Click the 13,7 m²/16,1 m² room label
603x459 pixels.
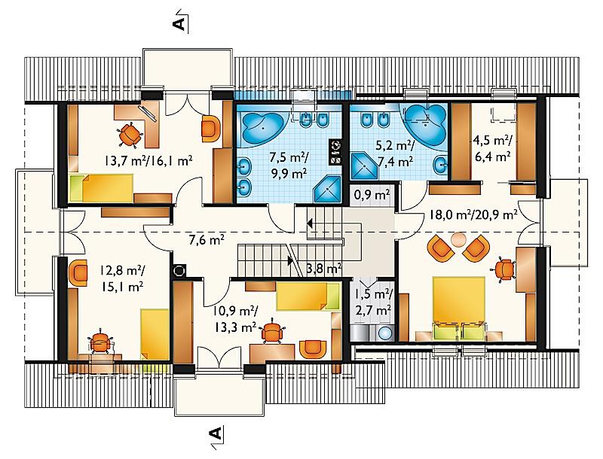click(148, 160)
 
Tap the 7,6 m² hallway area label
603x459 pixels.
click(207, 240)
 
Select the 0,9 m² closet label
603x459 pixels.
click(372, 195)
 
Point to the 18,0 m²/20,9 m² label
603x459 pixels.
click(473, 215)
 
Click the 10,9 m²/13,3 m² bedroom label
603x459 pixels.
click(235, 318)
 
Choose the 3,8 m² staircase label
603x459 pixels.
click(323, 269)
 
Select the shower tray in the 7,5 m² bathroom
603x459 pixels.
click(327, 189)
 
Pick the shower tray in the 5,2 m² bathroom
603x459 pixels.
click(363, 166)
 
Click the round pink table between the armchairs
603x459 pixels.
click(458, 240)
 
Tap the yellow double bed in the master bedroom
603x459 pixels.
click(459, 309)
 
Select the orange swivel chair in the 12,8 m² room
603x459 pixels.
click(101, 342)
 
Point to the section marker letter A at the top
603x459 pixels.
click(179, 23)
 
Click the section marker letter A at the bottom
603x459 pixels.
click(216, 434)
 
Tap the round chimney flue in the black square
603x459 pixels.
click(179, 271)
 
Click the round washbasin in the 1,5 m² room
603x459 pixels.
click(384, 333)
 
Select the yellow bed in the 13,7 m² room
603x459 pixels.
click(102, 188)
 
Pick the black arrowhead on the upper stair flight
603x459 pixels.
click(310, 223)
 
